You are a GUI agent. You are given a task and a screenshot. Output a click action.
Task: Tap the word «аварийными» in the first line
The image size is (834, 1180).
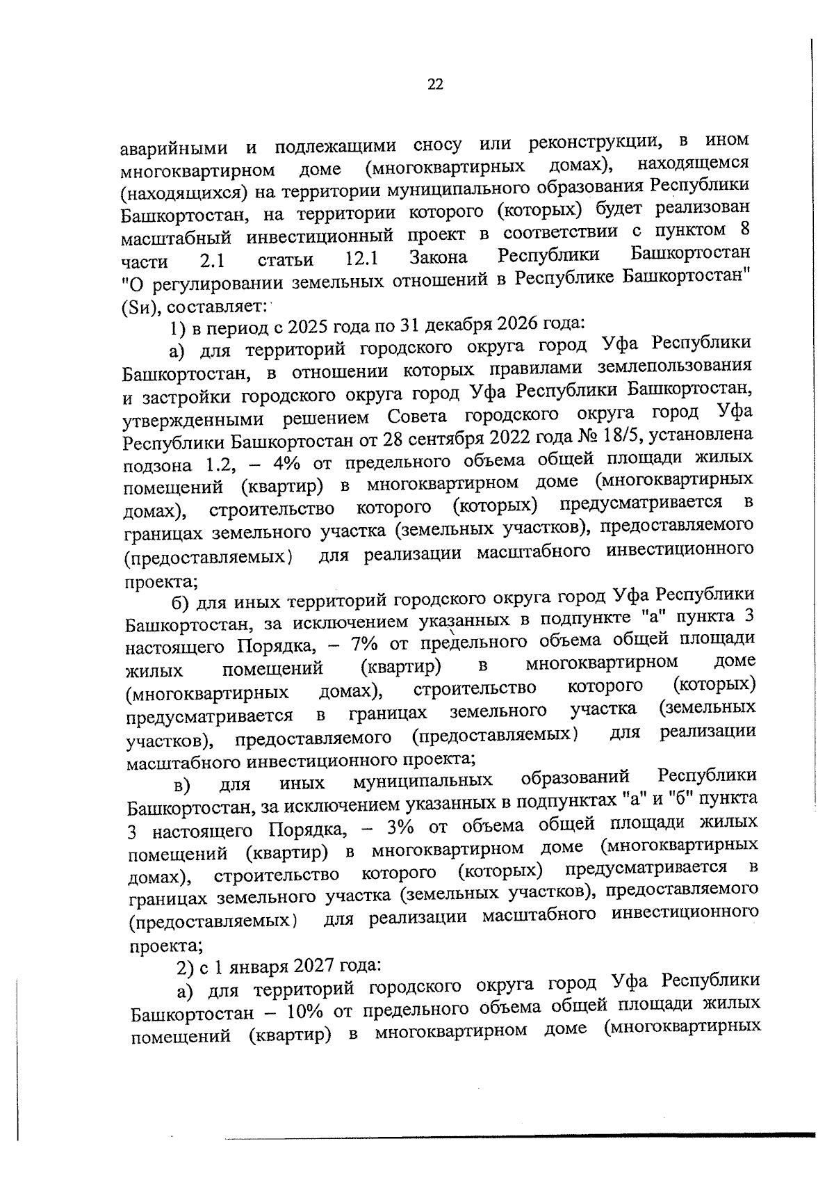coord(174,149)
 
